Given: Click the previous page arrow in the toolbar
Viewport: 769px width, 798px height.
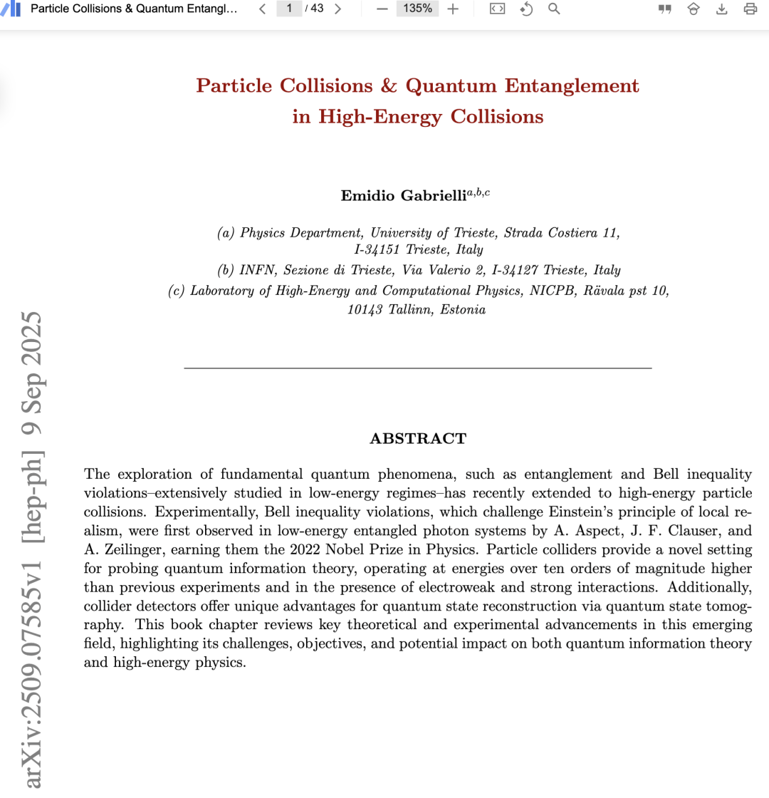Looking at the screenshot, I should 262,9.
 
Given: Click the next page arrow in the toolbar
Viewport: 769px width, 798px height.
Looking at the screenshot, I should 338,9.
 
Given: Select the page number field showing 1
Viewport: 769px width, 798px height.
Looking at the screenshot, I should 289,9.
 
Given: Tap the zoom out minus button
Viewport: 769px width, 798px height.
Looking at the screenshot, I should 382,9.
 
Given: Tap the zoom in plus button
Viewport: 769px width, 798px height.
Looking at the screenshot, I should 453,9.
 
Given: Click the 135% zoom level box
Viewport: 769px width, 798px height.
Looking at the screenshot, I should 418,9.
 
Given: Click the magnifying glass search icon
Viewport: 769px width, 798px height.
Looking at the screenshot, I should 554,9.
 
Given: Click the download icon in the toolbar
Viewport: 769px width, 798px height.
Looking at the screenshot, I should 721,9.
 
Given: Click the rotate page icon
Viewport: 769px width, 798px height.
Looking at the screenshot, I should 527,9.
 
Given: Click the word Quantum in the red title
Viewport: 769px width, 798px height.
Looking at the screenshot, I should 451,86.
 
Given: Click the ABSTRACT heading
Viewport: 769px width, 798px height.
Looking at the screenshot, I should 418,439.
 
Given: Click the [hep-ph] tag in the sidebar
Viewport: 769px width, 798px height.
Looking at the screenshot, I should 31,485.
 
